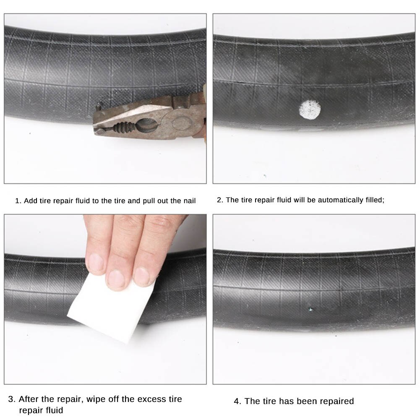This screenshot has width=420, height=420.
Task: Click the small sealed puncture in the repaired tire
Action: [310, 310]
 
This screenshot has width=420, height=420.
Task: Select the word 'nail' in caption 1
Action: [189, 201]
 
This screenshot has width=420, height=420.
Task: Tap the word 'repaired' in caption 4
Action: [336, 401]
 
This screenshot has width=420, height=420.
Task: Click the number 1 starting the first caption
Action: [17, 201]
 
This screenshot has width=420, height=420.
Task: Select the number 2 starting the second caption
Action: [219, 200]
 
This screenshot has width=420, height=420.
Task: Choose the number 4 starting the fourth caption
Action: [237, 401]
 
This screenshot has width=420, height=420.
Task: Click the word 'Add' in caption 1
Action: [30, 201]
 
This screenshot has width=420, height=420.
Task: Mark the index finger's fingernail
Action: [95, 262]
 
